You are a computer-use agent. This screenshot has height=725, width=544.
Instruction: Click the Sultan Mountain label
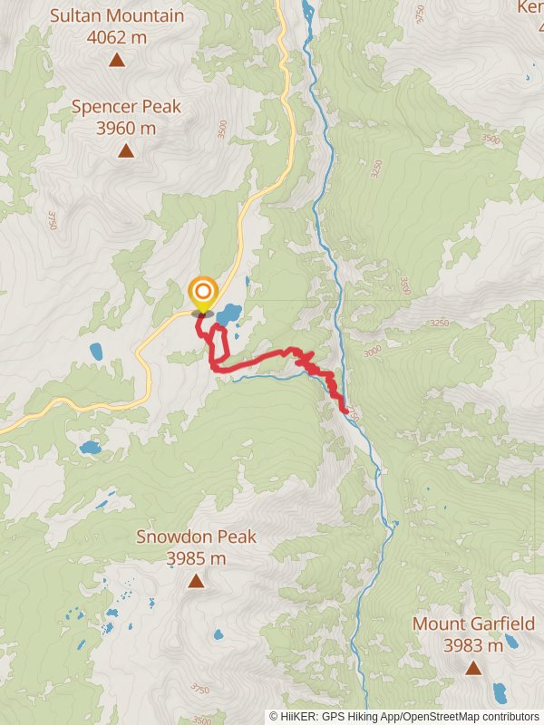pyautogui.click(x=117, y=16)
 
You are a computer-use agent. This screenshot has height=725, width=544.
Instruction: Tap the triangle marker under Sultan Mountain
pyautogui.click(x=117, y=60)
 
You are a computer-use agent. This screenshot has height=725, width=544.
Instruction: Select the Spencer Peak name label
pyautogui.click(x=126, y=107)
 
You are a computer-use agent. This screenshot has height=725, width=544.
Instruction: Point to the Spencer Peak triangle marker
pyautogui.click(x=126, y=150)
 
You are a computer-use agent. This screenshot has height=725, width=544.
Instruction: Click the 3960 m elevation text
pyautogui.click(x=126, y=128)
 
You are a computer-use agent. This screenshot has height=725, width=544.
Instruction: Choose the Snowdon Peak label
pyautogui.click(x=196, y=536)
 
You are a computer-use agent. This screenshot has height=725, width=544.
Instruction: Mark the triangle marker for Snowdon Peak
pyautogui.click(x=196, y=581)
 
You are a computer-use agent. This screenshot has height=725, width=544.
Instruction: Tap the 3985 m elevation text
pyautogui.click(x=196, y=558)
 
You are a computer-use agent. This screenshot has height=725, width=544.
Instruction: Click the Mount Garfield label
pyautogui.click(x=473, y=624)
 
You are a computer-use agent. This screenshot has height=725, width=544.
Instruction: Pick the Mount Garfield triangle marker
pyautogui.click(x=473, y=668)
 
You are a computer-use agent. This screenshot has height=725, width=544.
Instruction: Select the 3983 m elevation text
pyautogui.click(x=473, y=646)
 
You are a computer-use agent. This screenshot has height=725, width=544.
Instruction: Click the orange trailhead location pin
pyautogui.click(x=203, y=293)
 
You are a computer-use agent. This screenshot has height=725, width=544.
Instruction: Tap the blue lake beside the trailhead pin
pyautogui.click(x=228, y=314)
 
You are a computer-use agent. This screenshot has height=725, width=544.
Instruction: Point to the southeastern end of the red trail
pyautogui.click(x=345, y=411)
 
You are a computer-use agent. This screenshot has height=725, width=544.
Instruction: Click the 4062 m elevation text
pyautogui.click(x=117, y=37)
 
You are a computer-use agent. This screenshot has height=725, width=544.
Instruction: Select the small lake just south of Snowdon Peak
pyautogui.click(x=218, y=635)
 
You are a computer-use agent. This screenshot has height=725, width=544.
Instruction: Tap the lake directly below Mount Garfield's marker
pyautogui.click(x=500, y=694)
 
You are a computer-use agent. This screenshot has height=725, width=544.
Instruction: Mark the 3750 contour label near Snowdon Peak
pyautogui.click(x=201, y=690)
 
